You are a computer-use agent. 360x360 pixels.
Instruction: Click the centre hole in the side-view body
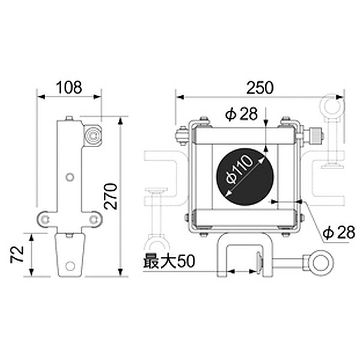pos(70,176)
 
